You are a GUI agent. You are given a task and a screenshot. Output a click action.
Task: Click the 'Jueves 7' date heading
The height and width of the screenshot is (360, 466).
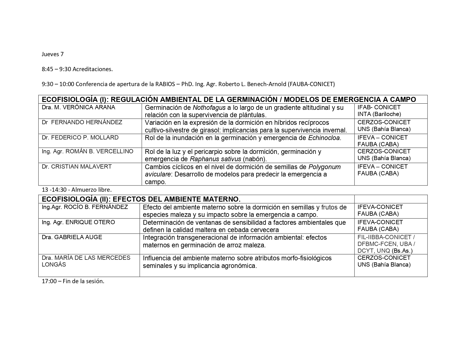tap(53, 54)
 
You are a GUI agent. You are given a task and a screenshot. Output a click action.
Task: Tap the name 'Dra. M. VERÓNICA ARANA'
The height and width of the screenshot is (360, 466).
tap(79, 107)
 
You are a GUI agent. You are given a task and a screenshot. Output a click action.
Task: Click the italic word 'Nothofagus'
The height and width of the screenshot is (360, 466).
tap(209, 108)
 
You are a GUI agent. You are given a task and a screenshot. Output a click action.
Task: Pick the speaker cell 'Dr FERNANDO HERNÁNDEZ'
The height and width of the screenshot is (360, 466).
tap(82, 123)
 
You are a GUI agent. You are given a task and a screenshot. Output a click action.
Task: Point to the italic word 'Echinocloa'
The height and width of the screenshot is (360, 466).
tap(325, 138)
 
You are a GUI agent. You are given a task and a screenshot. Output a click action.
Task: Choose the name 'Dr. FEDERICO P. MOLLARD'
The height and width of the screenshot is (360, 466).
tap(80, 138)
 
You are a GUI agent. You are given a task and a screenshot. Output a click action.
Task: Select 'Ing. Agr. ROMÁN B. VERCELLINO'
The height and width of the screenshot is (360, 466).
tap(88, 151)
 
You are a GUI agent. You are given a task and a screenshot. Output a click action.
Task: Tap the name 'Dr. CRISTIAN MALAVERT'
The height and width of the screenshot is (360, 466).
tap(77, 167)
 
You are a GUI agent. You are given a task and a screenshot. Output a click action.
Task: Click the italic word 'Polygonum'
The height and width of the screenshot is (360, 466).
tap(325, 167)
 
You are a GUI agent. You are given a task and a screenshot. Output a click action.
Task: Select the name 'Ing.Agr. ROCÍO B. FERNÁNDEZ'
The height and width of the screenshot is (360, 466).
tap(85, 207)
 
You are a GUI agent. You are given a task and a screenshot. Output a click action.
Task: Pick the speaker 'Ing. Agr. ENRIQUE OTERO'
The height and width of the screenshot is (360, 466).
tap(78, 222)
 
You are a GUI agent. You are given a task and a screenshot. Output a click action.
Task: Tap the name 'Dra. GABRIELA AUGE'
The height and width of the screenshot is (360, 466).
tap(72, 237)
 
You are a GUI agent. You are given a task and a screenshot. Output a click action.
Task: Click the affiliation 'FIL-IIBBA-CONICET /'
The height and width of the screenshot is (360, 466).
tap(386, 237)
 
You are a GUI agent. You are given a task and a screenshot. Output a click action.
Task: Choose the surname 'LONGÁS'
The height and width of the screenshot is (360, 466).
tap(54, 265)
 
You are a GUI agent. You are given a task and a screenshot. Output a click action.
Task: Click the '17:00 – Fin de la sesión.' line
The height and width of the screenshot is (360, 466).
tap(73, 281)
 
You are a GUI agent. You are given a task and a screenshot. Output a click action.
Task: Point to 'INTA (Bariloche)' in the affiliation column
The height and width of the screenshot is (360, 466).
tap(379, 114)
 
